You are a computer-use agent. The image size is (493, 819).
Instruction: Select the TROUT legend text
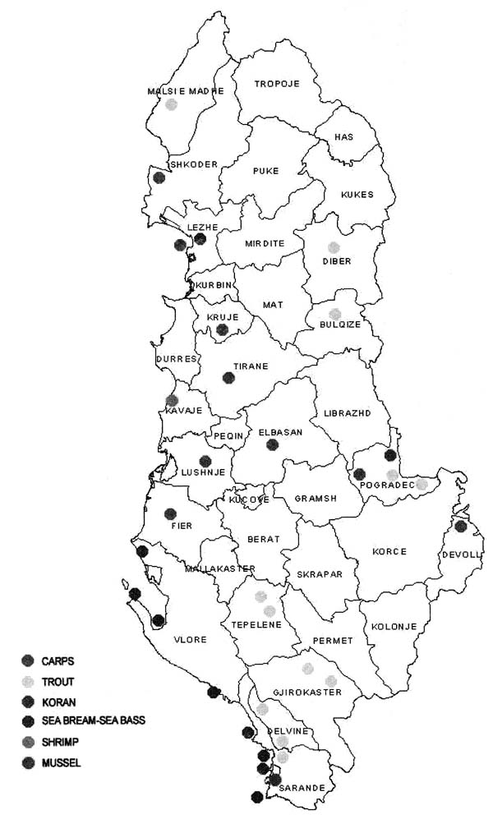58,681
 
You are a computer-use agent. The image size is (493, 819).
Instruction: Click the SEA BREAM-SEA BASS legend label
93,721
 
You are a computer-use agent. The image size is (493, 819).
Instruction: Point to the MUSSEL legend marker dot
28,761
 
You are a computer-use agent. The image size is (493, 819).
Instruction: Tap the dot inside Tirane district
228,378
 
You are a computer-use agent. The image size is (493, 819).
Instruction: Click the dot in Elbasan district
273,444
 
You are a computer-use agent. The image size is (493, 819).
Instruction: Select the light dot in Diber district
334,246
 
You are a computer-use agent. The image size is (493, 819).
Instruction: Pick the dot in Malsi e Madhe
171,104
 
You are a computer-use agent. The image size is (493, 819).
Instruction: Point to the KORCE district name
389,551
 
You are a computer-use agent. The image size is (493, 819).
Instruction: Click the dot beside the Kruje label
221,329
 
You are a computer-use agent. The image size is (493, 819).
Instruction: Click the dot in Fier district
171,514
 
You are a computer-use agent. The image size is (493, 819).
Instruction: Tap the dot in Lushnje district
205,461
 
